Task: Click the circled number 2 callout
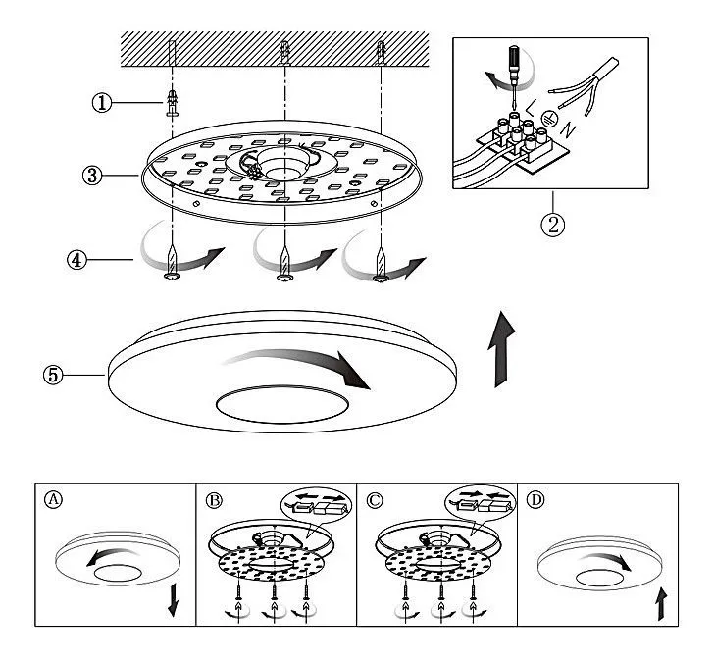pos(554,222)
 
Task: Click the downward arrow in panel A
pos(173,598)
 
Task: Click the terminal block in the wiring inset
pos(530,143)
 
